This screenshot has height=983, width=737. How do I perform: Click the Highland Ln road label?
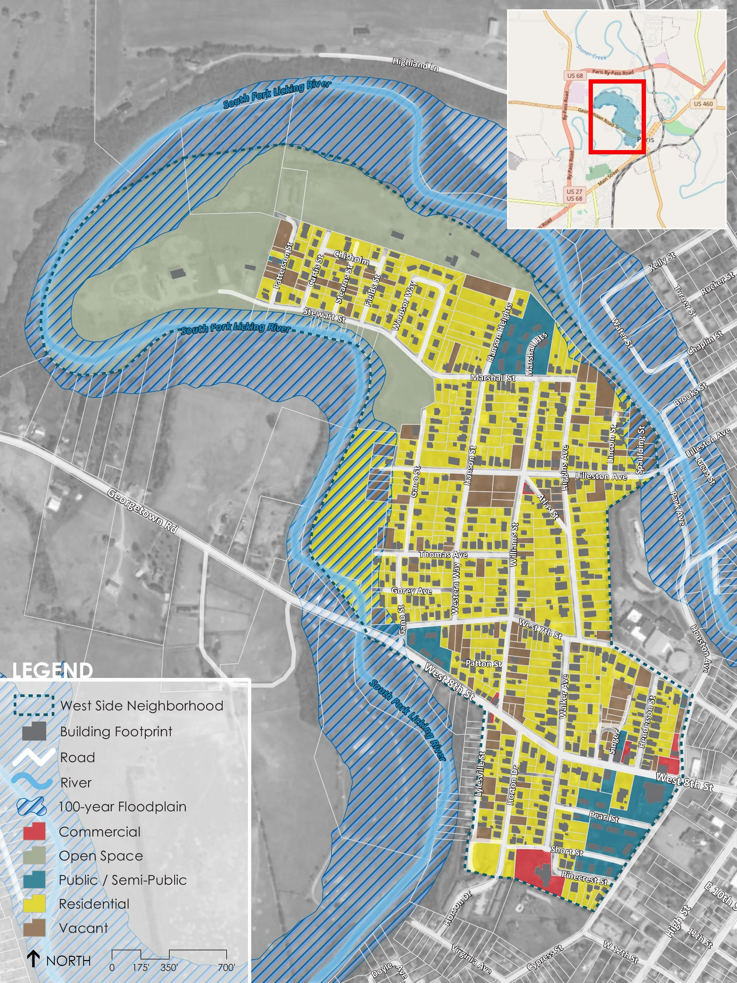point(415,65)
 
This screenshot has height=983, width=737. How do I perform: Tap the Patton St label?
point(483,664)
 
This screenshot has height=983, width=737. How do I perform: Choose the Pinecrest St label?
point(584,878)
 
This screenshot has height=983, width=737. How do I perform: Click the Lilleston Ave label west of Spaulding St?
point(601,476)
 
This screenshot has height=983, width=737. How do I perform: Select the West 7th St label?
point(540,630)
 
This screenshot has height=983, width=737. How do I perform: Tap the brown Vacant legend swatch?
point(34,927)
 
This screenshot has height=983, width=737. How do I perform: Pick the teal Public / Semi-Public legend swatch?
point(34,879)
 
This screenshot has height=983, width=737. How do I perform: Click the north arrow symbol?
point(33,959)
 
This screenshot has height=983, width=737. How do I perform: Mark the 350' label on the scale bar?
point(169,968)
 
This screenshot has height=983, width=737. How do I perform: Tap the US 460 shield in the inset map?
point(703,104)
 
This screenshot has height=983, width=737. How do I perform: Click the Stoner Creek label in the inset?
point(591,52)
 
